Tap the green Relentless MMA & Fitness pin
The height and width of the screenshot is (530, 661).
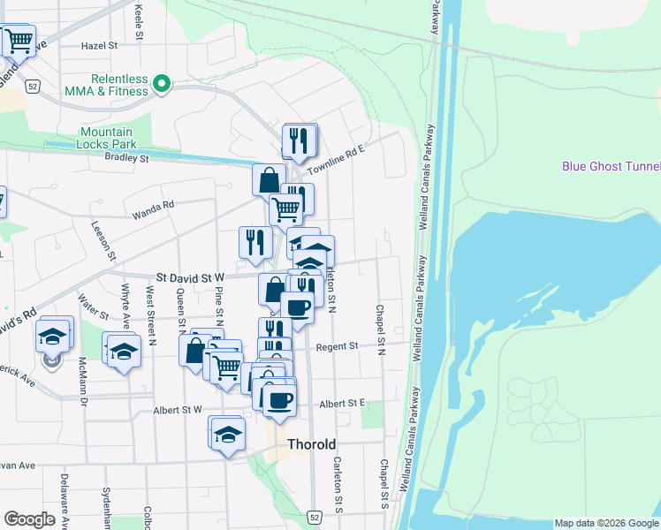point(162,85)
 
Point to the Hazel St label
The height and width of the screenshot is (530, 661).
point(99,45)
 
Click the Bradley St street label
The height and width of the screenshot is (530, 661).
point(126,158)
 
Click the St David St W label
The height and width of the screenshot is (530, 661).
point(190,277)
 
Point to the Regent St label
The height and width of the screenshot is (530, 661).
point(337,346)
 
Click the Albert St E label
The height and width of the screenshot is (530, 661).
point(343,403)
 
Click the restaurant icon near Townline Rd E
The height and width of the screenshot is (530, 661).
point(300,140)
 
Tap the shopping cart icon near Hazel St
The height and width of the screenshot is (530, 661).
point(19,41)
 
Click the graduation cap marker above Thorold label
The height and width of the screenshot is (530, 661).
point(227,434)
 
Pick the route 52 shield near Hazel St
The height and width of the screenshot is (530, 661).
point(33,87)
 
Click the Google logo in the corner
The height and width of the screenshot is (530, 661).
point(29,519)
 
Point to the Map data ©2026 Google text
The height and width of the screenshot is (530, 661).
point(607,524)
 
